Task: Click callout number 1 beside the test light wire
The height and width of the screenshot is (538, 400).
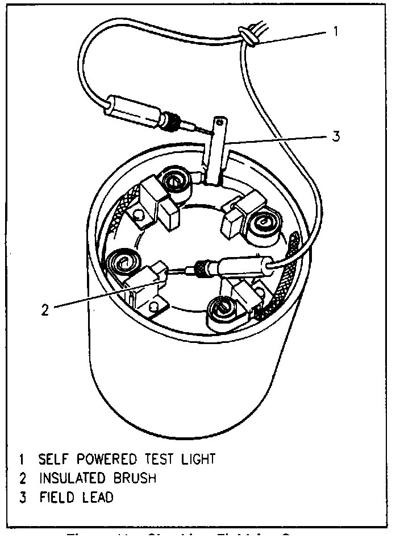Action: (336, 31)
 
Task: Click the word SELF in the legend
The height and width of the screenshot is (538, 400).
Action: (54, 458)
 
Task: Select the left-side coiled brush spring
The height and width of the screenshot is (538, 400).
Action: (123, 263)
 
